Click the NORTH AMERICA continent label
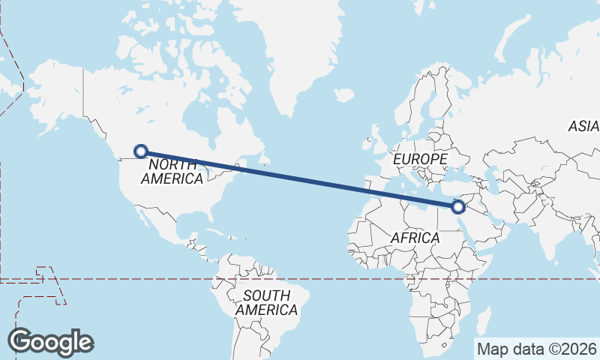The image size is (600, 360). (x=172, y=171)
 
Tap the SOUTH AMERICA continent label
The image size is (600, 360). (x=266, y=302)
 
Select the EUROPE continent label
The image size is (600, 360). (x=420, y=159)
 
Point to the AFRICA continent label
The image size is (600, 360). (x=415, y=237)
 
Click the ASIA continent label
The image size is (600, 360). (x=583, y=126)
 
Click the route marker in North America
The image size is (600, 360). (x=140, y=151)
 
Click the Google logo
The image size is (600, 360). (x=50, y=341)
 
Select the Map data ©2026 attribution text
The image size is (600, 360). (x=537, y=349)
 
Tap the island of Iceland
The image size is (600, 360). (x=344, y=95)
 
